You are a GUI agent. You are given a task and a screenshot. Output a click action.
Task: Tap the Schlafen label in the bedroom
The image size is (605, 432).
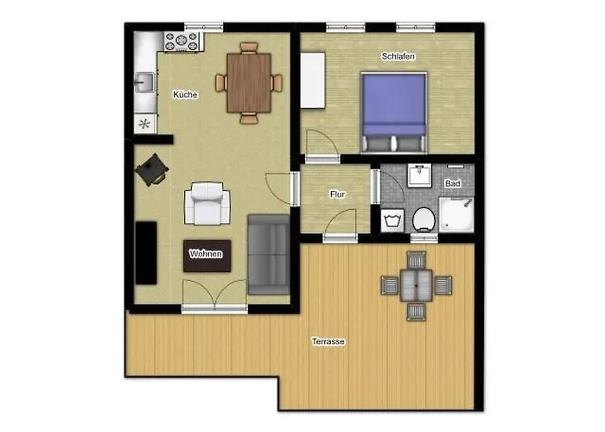click(398, 57)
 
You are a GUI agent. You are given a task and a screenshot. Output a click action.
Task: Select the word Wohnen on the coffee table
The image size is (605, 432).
click(207, 254)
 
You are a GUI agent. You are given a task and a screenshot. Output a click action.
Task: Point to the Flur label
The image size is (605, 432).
click(337, 194)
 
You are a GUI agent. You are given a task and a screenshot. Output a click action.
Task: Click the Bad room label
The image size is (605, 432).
click(452, 184)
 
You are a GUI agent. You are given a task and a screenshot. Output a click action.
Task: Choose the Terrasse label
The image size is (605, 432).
click(328, 342)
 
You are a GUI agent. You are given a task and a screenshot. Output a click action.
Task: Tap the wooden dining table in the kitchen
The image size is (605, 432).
click(249, 83)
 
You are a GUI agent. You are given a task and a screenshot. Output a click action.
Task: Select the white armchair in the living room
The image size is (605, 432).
click(207, 205)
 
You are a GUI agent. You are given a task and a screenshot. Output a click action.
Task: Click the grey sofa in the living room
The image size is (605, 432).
click(269, 252)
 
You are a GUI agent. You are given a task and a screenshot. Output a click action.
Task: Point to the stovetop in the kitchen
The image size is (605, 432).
click(181, 39)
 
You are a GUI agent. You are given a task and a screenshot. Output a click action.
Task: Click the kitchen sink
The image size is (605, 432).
click(143, 83)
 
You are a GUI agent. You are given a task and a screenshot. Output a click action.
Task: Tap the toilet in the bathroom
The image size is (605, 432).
click(423, 219)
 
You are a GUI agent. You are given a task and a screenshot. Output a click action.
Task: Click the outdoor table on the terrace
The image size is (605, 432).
click(417, 284)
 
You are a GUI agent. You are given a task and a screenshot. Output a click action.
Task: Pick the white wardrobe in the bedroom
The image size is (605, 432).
click(312, 80)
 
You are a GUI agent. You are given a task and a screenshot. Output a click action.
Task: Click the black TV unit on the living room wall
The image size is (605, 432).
click(146, 253)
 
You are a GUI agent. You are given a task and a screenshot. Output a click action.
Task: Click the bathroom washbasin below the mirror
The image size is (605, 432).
click(419, 175)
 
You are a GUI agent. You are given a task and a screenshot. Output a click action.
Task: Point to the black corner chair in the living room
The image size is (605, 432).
click(153, 169)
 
